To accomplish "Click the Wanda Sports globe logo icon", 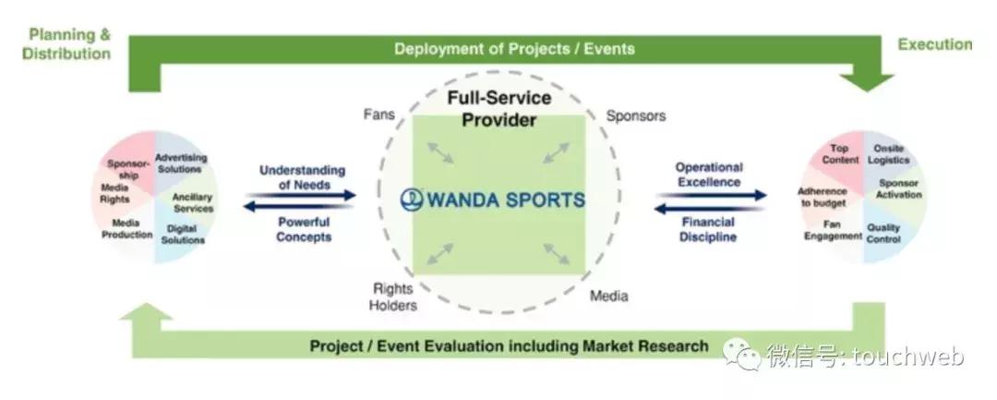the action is click(412, 200).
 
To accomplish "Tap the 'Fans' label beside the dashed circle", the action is click(379, 115).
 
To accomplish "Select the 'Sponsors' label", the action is click(636, 115).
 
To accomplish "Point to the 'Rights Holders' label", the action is click(393, 297).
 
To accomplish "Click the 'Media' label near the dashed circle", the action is click(608, 296).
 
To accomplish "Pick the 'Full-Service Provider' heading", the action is click(499, 109).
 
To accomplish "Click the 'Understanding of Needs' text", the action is click(302, 177).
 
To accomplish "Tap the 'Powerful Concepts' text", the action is click(304, 230).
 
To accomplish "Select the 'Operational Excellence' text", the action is click(709, 175).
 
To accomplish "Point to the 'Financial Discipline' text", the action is click(708, 230).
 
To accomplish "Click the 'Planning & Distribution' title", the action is click(66, 43).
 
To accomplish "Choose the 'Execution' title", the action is click(934, 43).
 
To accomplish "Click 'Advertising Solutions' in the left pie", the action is click(181, 164).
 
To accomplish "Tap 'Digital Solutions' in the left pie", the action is click(183, 235).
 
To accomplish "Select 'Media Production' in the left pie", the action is click(127, 229).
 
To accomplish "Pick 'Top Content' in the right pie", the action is click(839, 154).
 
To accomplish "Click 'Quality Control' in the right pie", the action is click(883, 234).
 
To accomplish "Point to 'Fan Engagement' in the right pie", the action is click(833, 230).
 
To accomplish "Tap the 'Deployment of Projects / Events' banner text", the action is click(514, 49).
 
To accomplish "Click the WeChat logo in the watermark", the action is click(740, 352).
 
